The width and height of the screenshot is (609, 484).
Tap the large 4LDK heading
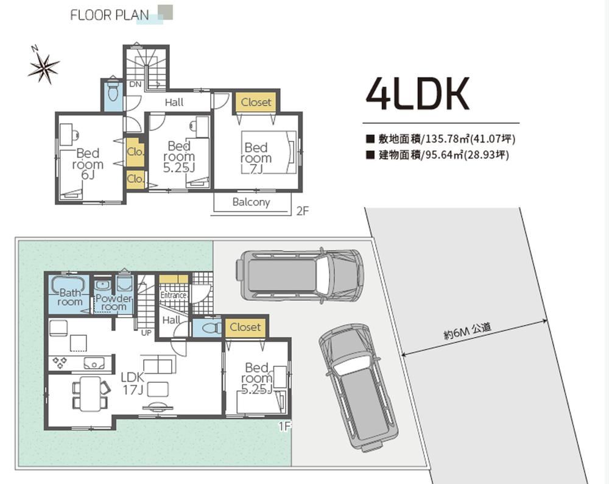[x=418, y=93]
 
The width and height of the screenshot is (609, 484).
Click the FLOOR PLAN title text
[x=110, y=15]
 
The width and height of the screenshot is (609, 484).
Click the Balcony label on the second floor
[x=251, y=202]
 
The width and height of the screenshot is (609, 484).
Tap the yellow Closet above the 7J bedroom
[x=256, y=102]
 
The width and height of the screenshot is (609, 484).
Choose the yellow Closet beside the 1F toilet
[x=245, y=327]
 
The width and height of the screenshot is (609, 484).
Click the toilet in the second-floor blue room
[x=113, y=90]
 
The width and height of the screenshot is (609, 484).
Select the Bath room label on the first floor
[x=70, y=297]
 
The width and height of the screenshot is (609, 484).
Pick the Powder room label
[x=113, y=302]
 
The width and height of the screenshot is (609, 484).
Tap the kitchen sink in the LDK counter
[x=94, y=363]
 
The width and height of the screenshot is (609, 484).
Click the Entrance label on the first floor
[x=173, y=295]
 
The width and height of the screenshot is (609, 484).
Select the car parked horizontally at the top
[x=300, y=276]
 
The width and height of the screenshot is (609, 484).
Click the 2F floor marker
[x=303, y=211]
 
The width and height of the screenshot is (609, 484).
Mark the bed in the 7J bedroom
[x=269, y=152]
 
